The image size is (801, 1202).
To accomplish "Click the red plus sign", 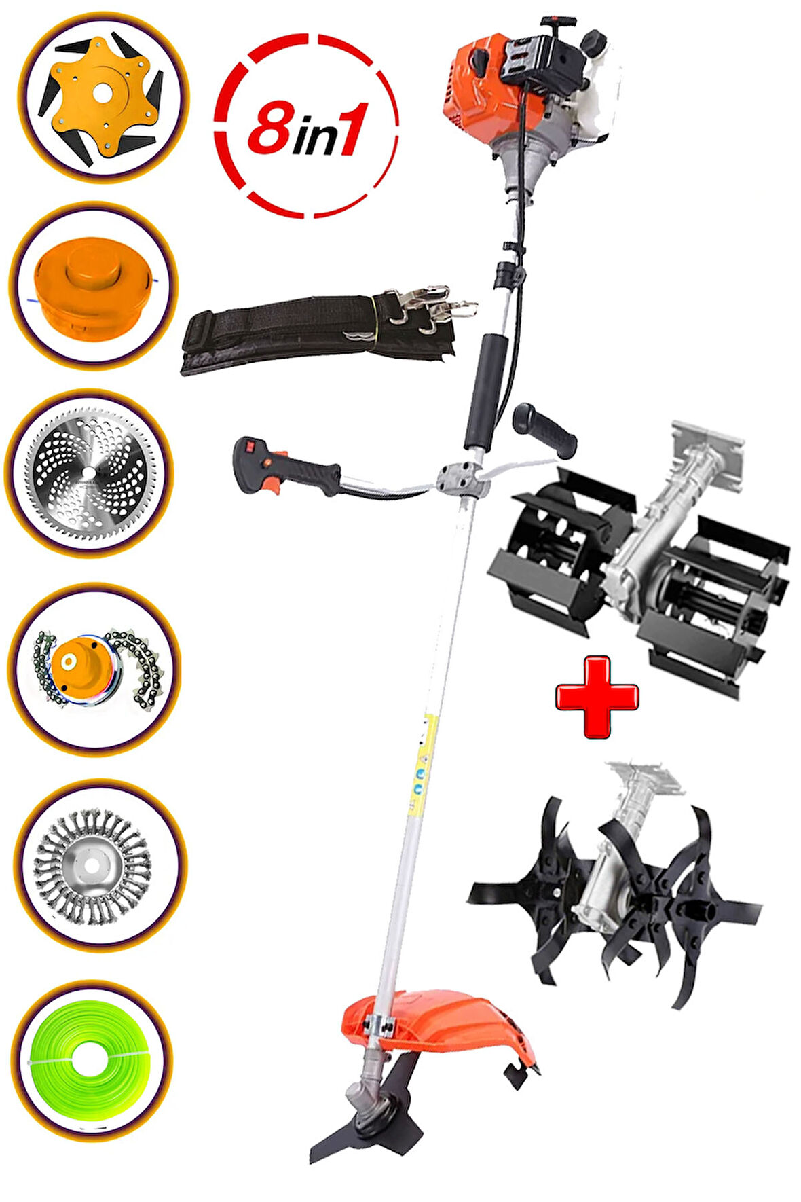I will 597,697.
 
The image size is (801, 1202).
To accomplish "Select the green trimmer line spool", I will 92,1060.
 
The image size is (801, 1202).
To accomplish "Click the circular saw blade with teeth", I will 90,472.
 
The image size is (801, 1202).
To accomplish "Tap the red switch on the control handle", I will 248,446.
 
